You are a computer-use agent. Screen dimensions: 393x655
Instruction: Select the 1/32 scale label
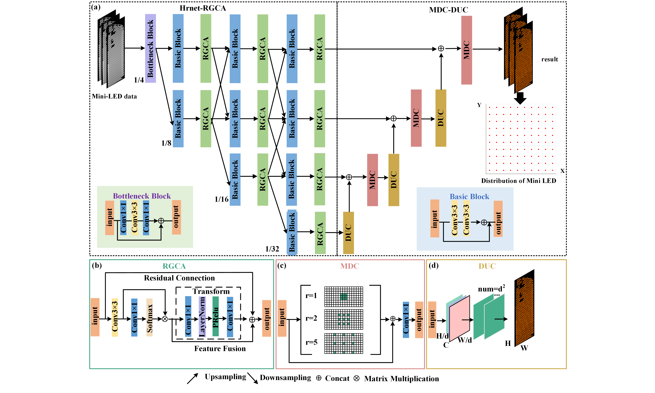(272, 249)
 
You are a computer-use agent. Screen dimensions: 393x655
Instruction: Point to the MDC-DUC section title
(448, 10)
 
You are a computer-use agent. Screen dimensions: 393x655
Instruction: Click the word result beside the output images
(549, 59)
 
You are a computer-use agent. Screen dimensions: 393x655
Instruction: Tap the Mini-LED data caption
(114, 96)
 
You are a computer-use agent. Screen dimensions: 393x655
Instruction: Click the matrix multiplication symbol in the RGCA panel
(165, 319)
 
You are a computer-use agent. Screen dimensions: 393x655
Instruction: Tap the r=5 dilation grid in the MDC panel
(344, 343)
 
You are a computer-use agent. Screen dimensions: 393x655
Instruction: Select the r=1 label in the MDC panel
(311, 296)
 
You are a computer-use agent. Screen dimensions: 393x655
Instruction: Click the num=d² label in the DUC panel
(491, 289)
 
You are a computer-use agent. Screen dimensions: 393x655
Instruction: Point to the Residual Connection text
(179, 278)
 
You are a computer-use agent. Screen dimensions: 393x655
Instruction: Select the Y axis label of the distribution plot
(479, 105)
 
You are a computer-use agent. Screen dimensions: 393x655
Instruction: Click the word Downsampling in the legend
(285, 378)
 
